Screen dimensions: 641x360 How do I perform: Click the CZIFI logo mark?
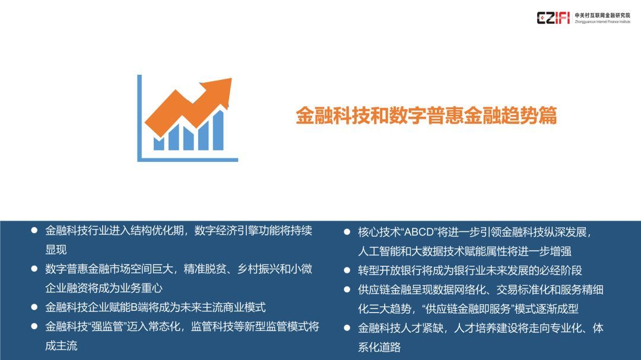click(553, 18)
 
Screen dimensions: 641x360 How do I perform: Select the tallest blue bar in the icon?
click(218, 130)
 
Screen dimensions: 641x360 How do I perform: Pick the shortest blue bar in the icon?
click(158, 144)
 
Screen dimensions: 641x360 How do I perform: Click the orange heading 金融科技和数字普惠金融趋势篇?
click(426, 115)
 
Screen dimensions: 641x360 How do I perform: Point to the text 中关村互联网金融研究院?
click(602, 15)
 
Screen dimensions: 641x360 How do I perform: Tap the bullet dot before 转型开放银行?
click(347, 270)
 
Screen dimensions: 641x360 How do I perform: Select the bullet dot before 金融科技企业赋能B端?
click(34, 307)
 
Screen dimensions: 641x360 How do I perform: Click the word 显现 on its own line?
click(56, 250)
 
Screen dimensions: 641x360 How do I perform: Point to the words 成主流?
click(61, 346)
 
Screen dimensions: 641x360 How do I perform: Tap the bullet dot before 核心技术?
click(347, 232)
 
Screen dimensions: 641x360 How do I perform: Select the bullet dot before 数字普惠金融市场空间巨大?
click(34, 269)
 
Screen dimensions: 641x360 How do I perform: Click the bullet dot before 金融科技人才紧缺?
click(347, 328)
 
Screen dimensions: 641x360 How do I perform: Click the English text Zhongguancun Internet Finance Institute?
click(602, 22)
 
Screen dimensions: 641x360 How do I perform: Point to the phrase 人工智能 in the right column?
click(379, 251)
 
